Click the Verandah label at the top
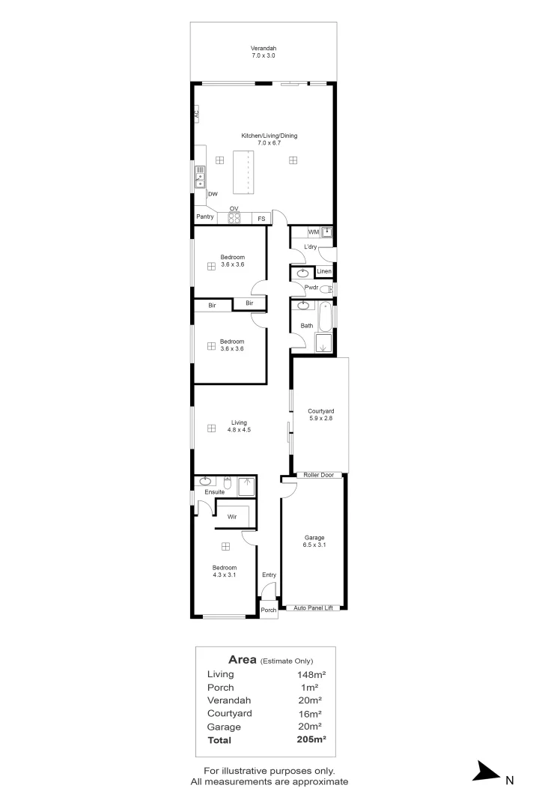coord(264,49)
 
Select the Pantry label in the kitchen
coord(205,217)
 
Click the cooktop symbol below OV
coord(234,218)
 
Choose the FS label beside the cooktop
coord(261,219)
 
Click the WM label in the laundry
coord(313,232)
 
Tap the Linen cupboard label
coord(324,271)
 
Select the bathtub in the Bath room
coord(324,318)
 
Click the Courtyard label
coord(320,411)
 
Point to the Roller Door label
coord(320,475)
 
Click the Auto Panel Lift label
coord(312,607)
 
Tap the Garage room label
coord(314,538)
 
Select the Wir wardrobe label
coord(232,517)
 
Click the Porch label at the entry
coord(268,610)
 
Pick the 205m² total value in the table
coord(311,740)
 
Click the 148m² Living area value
coord(311,674)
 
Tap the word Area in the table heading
coord(243,660)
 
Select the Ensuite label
coord(204,492)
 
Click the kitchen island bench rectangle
coord(243,172)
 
